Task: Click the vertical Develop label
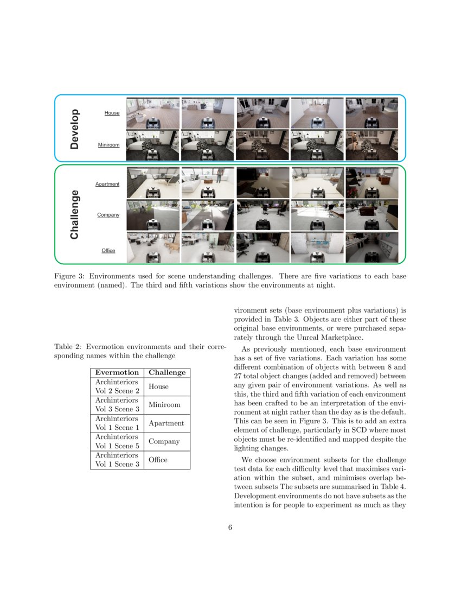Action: [75, 128]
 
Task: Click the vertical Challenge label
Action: [75, 214]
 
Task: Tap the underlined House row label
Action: [112, 113]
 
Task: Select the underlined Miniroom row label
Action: [108, 145]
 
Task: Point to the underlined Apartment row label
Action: [107, 184]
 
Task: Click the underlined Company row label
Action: [108, 215]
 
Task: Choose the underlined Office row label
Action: [108, 250]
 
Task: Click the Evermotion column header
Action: [117, 372]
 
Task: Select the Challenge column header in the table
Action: [167, 372]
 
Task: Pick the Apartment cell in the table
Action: [166, 423]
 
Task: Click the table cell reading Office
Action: [158, 460]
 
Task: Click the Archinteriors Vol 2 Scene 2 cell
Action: [117, 386]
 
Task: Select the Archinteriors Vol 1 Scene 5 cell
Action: [117, 441]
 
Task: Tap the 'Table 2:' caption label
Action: [67, 347]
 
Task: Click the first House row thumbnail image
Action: [152, 113]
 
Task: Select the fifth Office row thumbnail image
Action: [372, 247]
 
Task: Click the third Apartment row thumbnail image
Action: [262, 183]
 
